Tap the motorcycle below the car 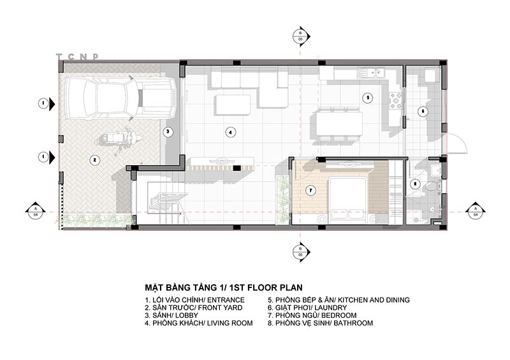[118, 138]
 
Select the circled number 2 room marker [93, 160]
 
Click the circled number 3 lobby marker [167, 133]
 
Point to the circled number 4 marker [230, 133]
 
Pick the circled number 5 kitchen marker [367, 98]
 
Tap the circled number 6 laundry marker [421, 111]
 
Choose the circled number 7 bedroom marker [310, 190]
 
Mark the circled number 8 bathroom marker [416, 185]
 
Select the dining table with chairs [338, 124]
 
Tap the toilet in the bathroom [433, 186]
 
